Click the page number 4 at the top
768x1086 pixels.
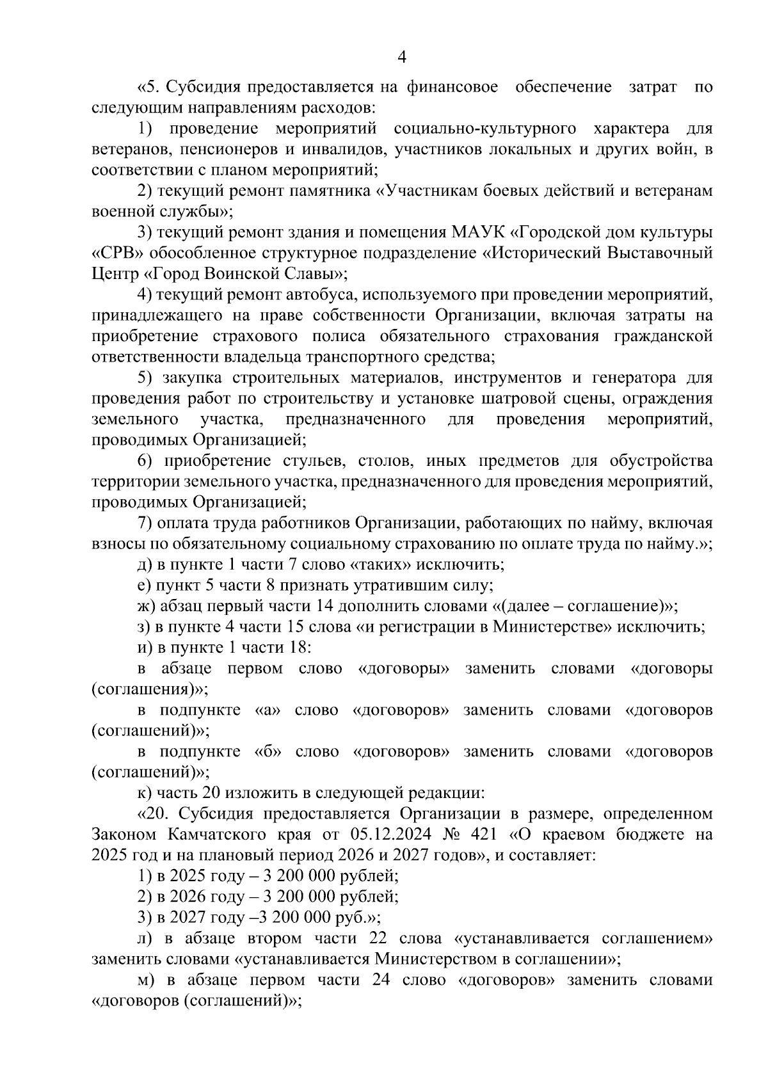coord(402,58)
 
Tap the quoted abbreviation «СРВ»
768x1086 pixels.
coord(115,253)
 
